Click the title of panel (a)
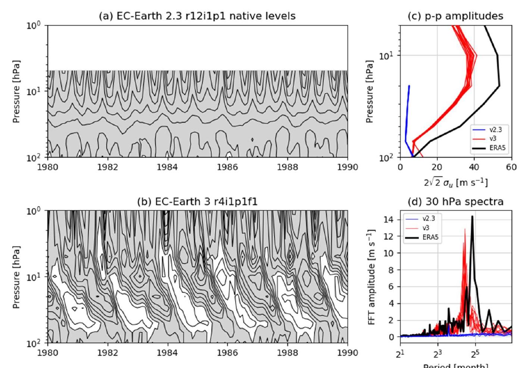pyautogui.click(x=197, y=16)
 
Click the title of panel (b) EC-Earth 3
pyautogui.click(x=197, y=202)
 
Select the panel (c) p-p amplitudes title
pyautogui.click(x=455, y=16)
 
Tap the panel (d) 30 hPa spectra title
pyautogui.click(x=455, y=202)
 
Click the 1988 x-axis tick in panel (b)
pyautogui.click(x=288, y=352)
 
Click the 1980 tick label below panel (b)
pyautogui.click(x=48, y=352)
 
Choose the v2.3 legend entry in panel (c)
pyautogui.click(x=496, y=130)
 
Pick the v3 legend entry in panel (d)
pyautogui.click(x=425, y=228)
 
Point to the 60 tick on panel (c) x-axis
pyautogui.click(x=511, y=167)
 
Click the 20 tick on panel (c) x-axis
pyautogui.click(x=437, y=167)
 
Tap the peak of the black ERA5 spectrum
pyautogui.click(x=472, y=216)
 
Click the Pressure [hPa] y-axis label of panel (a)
pyautogui.click(x=16, y=91)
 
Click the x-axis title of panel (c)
pyautogui.click(x=455, y=182)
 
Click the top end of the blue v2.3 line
pyautogui.click(x=409, y=86)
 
